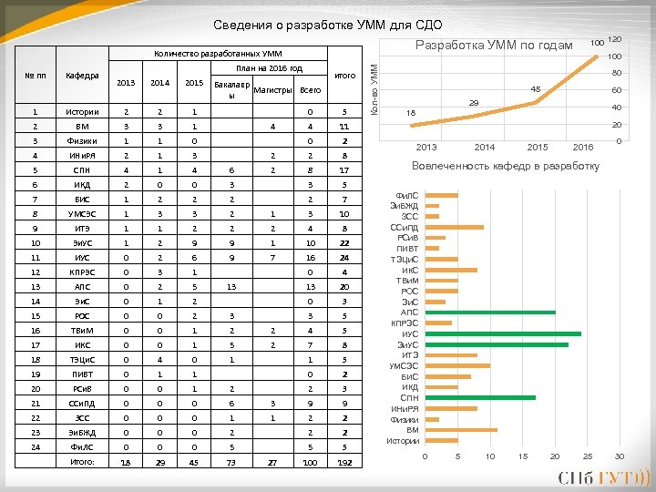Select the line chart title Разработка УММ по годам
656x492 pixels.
click(493, 46)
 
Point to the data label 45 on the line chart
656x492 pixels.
click(537, 88)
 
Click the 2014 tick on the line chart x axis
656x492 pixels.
click(484, 147)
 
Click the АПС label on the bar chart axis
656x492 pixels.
click(409, 313)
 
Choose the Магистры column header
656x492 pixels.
click(272, 90)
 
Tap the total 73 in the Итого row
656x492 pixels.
click(231, 463)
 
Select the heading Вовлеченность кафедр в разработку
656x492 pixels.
click(506, 166)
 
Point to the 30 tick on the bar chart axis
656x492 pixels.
click(620, 456)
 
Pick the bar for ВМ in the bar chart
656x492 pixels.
click(461, 430)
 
